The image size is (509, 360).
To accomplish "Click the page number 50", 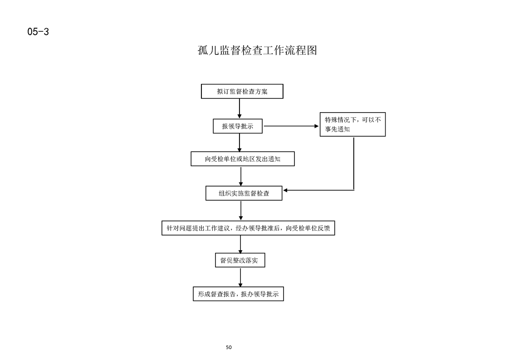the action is tap(229, 347).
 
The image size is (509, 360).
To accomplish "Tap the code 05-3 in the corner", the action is tap(38, 31).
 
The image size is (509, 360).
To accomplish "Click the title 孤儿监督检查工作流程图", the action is tap(257, 50).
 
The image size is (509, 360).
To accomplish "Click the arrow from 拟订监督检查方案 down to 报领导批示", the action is tap(240, 108).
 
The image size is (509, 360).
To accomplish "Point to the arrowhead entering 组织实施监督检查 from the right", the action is tap(285, 190).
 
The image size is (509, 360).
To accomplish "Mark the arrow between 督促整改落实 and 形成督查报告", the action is tap(240, 277).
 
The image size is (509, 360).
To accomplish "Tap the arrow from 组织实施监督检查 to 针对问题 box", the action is tap(241, 211).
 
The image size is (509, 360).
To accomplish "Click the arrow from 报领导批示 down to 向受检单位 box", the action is tap(240, 142).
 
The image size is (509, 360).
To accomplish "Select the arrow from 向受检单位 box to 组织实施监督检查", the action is tap(241, 176).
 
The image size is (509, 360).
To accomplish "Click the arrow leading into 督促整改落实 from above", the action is tap(240, 244).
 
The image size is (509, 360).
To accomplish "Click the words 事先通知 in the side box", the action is tap(337, 129).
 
